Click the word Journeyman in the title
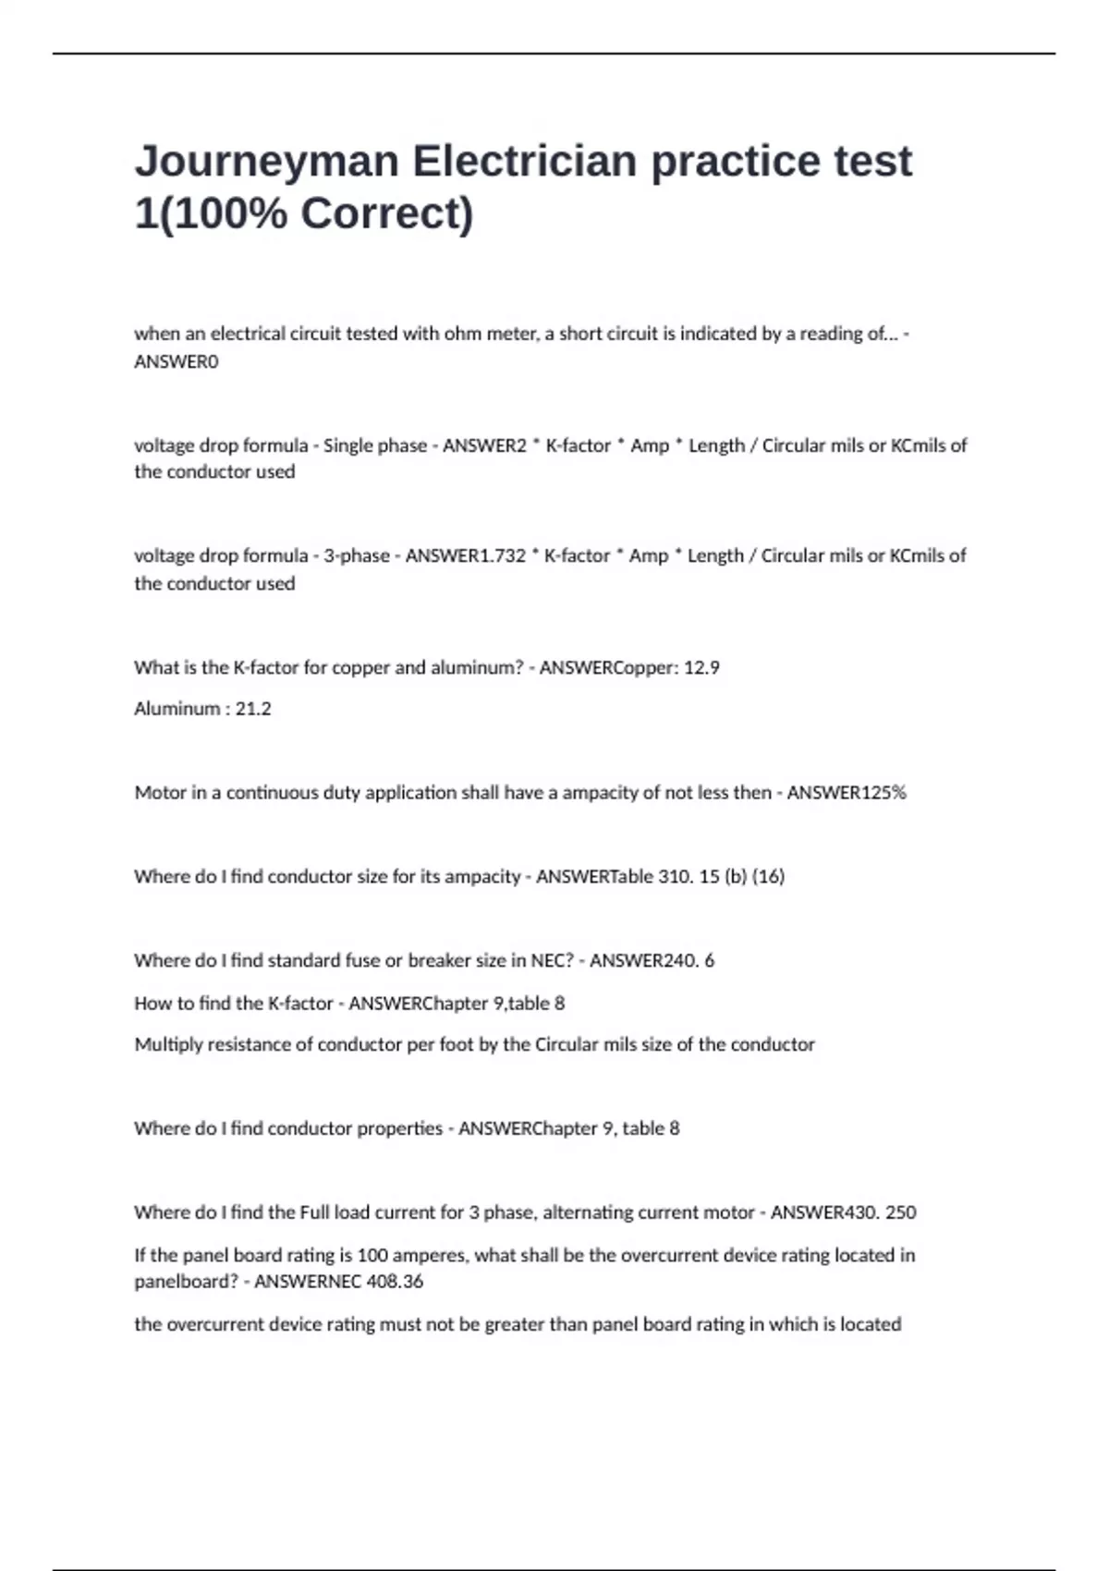[x=266, y=162]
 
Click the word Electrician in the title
[x=525, y=162]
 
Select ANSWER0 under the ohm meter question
[x=177, y=362]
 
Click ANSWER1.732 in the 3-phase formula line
[x=466, y=556]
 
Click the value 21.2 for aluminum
[x=253, y=709]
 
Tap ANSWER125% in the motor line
[x=847, y=793]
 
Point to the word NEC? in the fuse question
[x=553, y=961]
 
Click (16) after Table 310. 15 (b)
[x=768, y=877]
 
